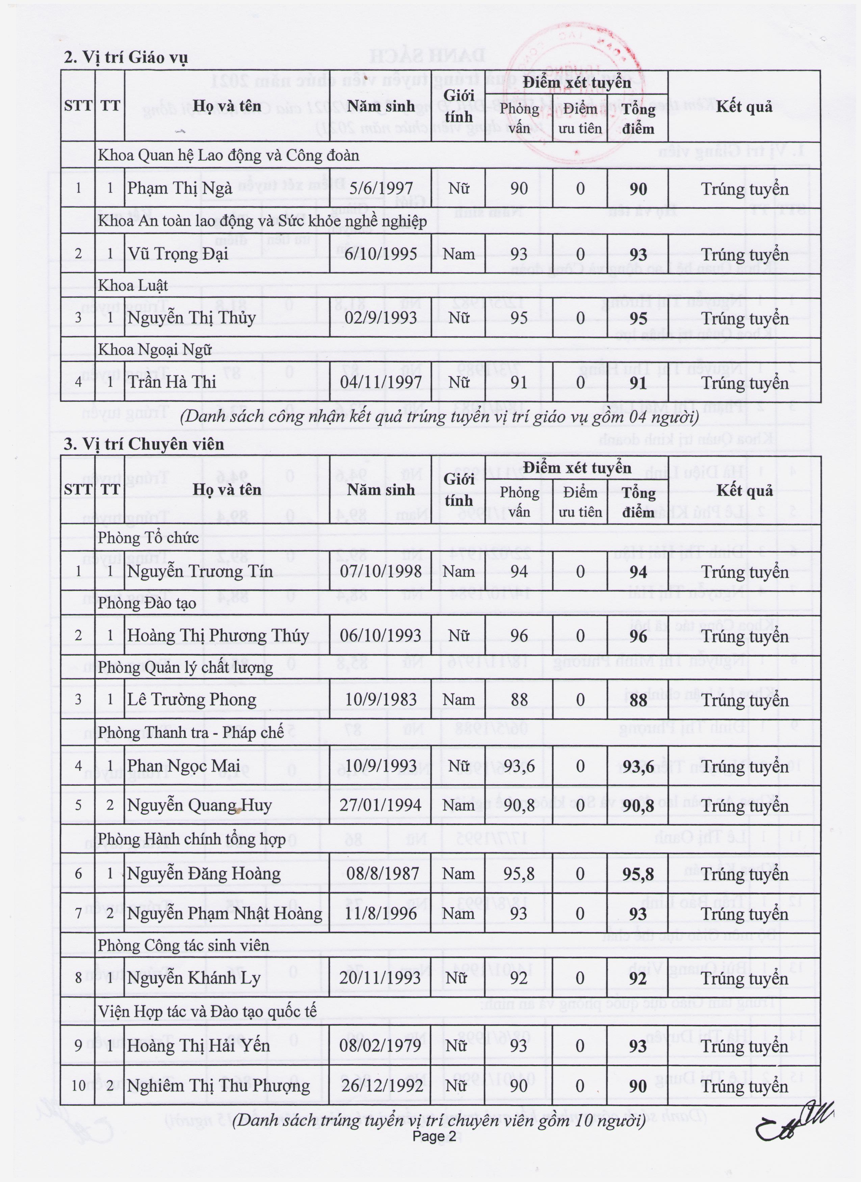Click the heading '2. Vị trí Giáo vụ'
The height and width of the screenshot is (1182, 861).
click(x=125, y=57)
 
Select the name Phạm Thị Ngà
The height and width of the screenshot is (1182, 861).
click(x=180, y=188)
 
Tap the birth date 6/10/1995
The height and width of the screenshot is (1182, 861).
click(x=381, y=254)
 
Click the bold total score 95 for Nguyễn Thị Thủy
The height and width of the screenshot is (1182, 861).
click(x=638, y=318)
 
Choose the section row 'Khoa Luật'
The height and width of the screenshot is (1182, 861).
click(x=133, y=286)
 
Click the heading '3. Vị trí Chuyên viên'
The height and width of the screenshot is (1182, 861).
click(x=144, y=444)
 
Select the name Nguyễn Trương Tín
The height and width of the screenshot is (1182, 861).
click(x=200, y=572)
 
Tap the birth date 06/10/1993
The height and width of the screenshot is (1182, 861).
click(x=381, y=635)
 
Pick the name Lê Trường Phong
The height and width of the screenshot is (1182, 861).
click(x=192, y=700)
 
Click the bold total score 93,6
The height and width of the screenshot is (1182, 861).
click(x=638, y=766)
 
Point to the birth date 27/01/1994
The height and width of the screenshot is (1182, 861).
click(x=381, y=805)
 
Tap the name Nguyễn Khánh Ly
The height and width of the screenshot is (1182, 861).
click(x=193, y=978)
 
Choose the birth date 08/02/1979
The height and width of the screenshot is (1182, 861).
click(x=381, y=1046)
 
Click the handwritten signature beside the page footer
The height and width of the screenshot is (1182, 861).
click(x=792, y=1121)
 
